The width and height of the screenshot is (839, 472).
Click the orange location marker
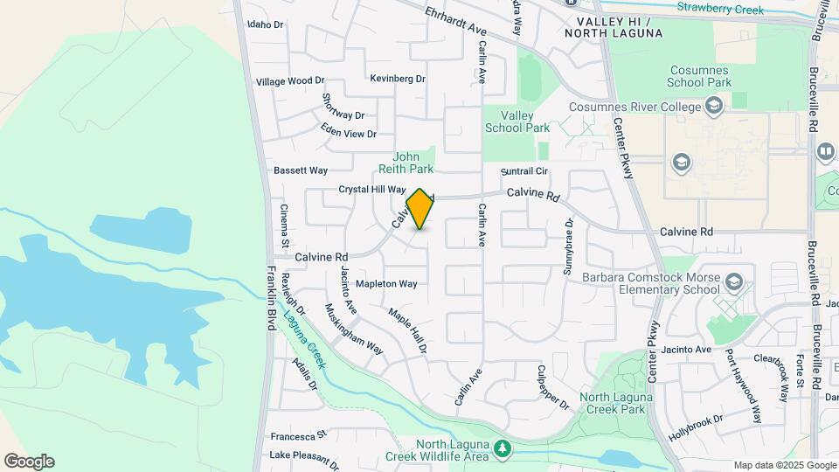419,209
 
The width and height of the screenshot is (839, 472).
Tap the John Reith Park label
406,163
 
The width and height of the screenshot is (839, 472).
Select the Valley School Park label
517,121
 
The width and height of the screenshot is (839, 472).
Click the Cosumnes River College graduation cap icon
714,107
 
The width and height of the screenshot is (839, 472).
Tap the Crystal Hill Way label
372,190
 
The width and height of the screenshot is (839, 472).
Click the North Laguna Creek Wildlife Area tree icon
502,449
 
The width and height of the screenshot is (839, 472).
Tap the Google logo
29,462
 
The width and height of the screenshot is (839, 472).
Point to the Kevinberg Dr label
397,79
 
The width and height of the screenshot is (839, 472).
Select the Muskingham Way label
354,329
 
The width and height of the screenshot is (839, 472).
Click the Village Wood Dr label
289,81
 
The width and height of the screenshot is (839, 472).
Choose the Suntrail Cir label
524,171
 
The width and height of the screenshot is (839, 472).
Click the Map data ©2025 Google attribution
785,465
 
